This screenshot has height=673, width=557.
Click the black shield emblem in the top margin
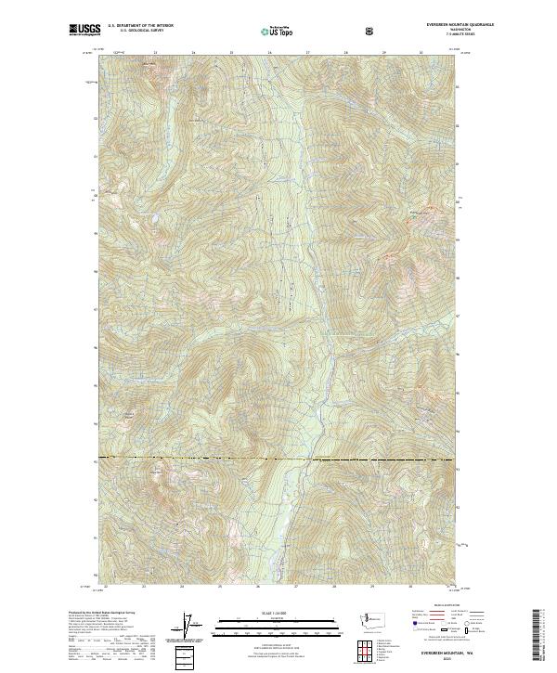pos(371,31)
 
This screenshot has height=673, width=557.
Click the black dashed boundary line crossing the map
pos(278,459)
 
